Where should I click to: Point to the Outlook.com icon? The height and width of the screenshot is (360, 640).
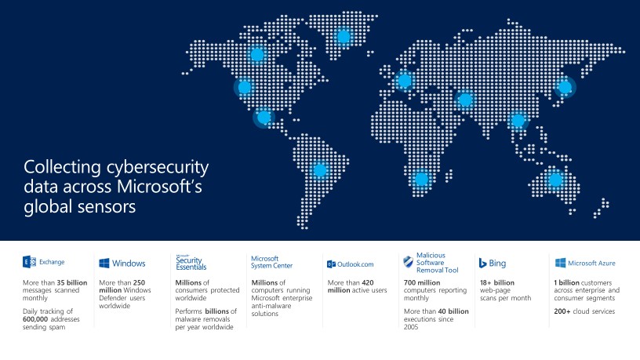pos(332,264)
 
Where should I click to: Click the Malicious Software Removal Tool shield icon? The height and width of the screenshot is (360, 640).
pos(408,263)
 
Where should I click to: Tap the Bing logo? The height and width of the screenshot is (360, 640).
pos(483,263)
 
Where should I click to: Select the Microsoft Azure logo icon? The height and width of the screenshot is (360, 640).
pos(561,264)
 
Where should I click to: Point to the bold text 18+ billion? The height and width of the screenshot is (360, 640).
pos(496,282)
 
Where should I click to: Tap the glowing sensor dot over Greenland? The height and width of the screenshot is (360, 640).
pos(343,36)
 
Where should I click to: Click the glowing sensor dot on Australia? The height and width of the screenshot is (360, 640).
pos(555,180)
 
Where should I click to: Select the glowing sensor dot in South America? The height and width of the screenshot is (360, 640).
pos(319,169)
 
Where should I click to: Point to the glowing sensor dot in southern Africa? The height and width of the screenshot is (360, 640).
pos(421,179)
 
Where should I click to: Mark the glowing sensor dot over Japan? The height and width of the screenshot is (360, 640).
pos(564,88)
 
